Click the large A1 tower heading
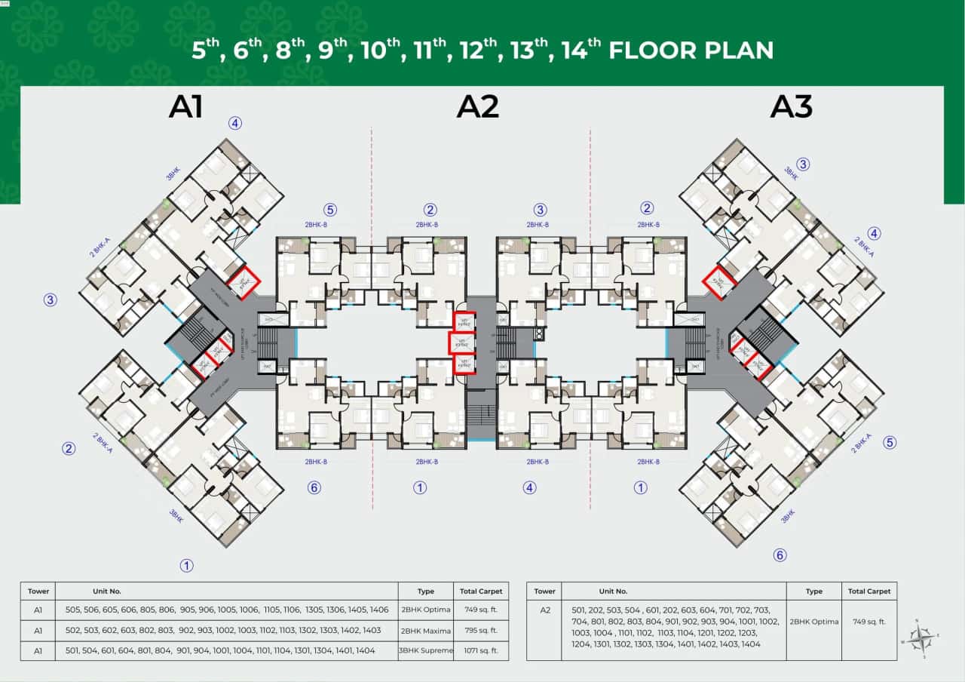click(x=185, y=107)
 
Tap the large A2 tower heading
click(x=478, y=107)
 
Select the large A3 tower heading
click(x=791, y=107)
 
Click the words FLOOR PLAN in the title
click(x=691, y=51)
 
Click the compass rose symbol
click(x=921, y=638)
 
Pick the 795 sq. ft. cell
click(x=481, y=631)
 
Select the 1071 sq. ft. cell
click(x=481, y=650)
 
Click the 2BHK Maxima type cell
click(x=426, y=631)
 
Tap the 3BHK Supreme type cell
click(x=426, y=650)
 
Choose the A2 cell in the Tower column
click(x=544, y=610)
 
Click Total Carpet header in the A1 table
click(x=481, y=591)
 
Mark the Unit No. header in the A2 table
click(x=613, y=591)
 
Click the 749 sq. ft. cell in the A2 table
click(x=868, y=622)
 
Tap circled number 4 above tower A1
click(x=235, y=124)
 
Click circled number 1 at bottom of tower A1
click(x=185, y=565)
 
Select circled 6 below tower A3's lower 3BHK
click(x=780, y=555)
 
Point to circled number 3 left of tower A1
click(x=51, y=300)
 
